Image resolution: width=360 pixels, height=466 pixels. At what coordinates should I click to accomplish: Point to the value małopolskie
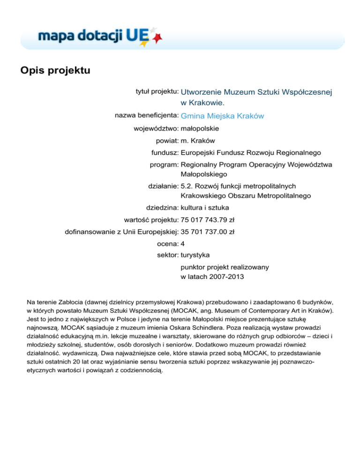[x=200, y=128]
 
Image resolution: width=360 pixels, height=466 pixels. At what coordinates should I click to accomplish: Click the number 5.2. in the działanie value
[x=187, y=186]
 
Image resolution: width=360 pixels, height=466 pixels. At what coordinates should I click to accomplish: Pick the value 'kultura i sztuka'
[x=205, y=207]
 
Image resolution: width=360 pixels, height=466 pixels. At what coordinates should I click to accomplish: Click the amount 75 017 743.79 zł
[x=208, y=219]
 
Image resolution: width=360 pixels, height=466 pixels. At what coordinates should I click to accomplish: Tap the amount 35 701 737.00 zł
[x=208, y=232]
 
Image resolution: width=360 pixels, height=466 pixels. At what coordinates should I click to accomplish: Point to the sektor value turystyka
[x=195, y=256]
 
